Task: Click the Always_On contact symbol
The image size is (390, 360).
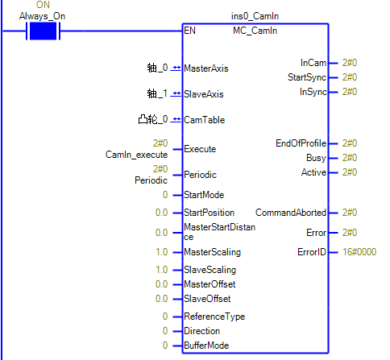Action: (x=43, y=31)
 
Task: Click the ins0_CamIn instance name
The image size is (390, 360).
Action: (x=255, y=16)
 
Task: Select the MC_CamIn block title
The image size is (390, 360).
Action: (x=255, y=31)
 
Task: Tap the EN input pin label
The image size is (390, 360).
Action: (x=189, y=31)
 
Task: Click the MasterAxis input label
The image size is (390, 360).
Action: (x=206, y=68)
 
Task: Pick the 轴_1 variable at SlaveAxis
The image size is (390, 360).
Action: (x=157, y=93)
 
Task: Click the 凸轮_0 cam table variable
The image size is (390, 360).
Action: (x=153, y=119)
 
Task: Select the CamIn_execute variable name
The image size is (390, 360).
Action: (x=136, y=155)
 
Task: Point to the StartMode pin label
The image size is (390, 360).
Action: (x=204, y=195)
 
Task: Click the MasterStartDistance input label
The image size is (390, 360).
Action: (x=219, y=232)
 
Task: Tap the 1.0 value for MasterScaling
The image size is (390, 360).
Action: (x=162, y=252)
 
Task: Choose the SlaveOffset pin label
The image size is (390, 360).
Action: (x=207, y=299)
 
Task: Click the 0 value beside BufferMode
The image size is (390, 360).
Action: (x=165, y=346)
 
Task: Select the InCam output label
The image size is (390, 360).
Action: (x=313, y=63)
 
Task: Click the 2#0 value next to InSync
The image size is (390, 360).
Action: (x=350, y=92)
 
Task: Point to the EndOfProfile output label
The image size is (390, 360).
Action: (x=301, y=143)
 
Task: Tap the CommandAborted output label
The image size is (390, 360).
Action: (x=291, y=213)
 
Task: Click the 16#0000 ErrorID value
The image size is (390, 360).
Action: (x=359, y=252)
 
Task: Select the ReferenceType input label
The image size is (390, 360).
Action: (x=214, y=317)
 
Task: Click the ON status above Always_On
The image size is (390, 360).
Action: (x=43, y=5)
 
